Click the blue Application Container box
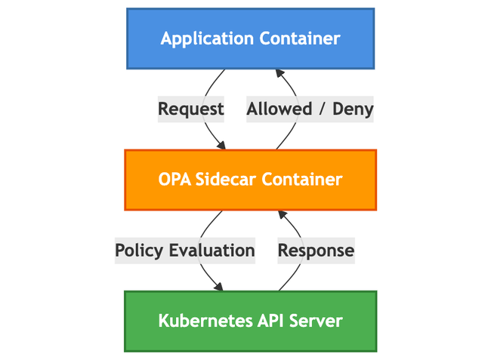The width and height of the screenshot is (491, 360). click(250, 38)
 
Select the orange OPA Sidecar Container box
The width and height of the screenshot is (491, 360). click(250, 180)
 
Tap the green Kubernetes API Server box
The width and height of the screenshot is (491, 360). click(250, 321)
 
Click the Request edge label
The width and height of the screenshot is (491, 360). click(191, 109)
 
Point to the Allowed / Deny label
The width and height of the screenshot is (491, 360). click(310, 109)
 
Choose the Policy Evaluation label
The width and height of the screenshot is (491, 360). click(185, 250)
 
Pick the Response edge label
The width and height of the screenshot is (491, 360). click(316, 250)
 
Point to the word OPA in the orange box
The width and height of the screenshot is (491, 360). click(176, 180)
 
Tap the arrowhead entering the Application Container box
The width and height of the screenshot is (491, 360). click(279, 73)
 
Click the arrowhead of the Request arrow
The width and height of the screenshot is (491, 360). click(221, 145)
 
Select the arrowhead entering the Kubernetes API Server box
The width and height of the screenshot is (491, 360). click(220, 287)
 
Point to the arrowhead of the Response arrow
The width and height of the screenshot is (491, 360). click(279, 215)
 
